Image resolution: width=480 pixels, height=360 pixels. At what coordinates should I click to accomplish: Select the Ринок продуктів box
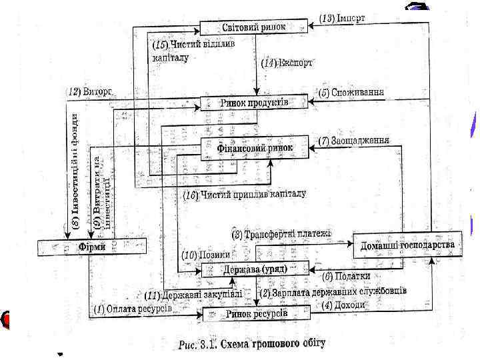[254, 103]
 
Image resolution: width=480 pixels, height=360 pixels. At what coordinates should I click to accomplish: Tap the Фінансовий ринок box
[255, 148]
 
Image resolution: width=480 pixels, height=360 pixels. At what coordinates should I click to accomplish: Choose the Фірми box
[88, 247]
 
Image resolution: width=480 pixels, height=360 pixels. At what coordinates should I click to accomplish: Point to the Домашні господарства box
[407, 245]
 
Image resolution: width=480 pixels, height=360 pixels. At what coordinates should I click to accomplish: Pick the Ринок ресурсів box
[256, 313]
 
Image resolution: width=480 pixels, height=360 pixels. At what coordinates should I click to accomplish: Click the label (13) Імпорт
[343, 17]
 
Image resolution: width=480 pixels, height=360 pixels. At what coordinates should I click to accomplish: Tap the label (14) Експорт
[287, 63]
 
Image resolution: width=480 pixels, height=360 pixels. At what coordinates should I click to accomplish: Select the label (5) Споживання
[351, 91]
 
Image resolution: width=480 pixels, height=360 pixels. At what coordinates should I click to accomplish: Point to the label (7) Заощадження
[353, 140]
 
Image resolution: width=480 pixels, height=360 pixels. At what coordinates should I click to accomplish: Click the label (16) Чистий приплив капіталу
[245, 195]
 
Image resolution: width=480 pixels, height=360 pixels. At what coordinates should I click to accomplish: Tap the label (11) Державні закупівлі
[192, 293]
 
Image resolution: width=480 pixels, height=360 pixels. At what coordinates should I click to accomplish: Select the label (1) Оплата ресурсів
[133, 309]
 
